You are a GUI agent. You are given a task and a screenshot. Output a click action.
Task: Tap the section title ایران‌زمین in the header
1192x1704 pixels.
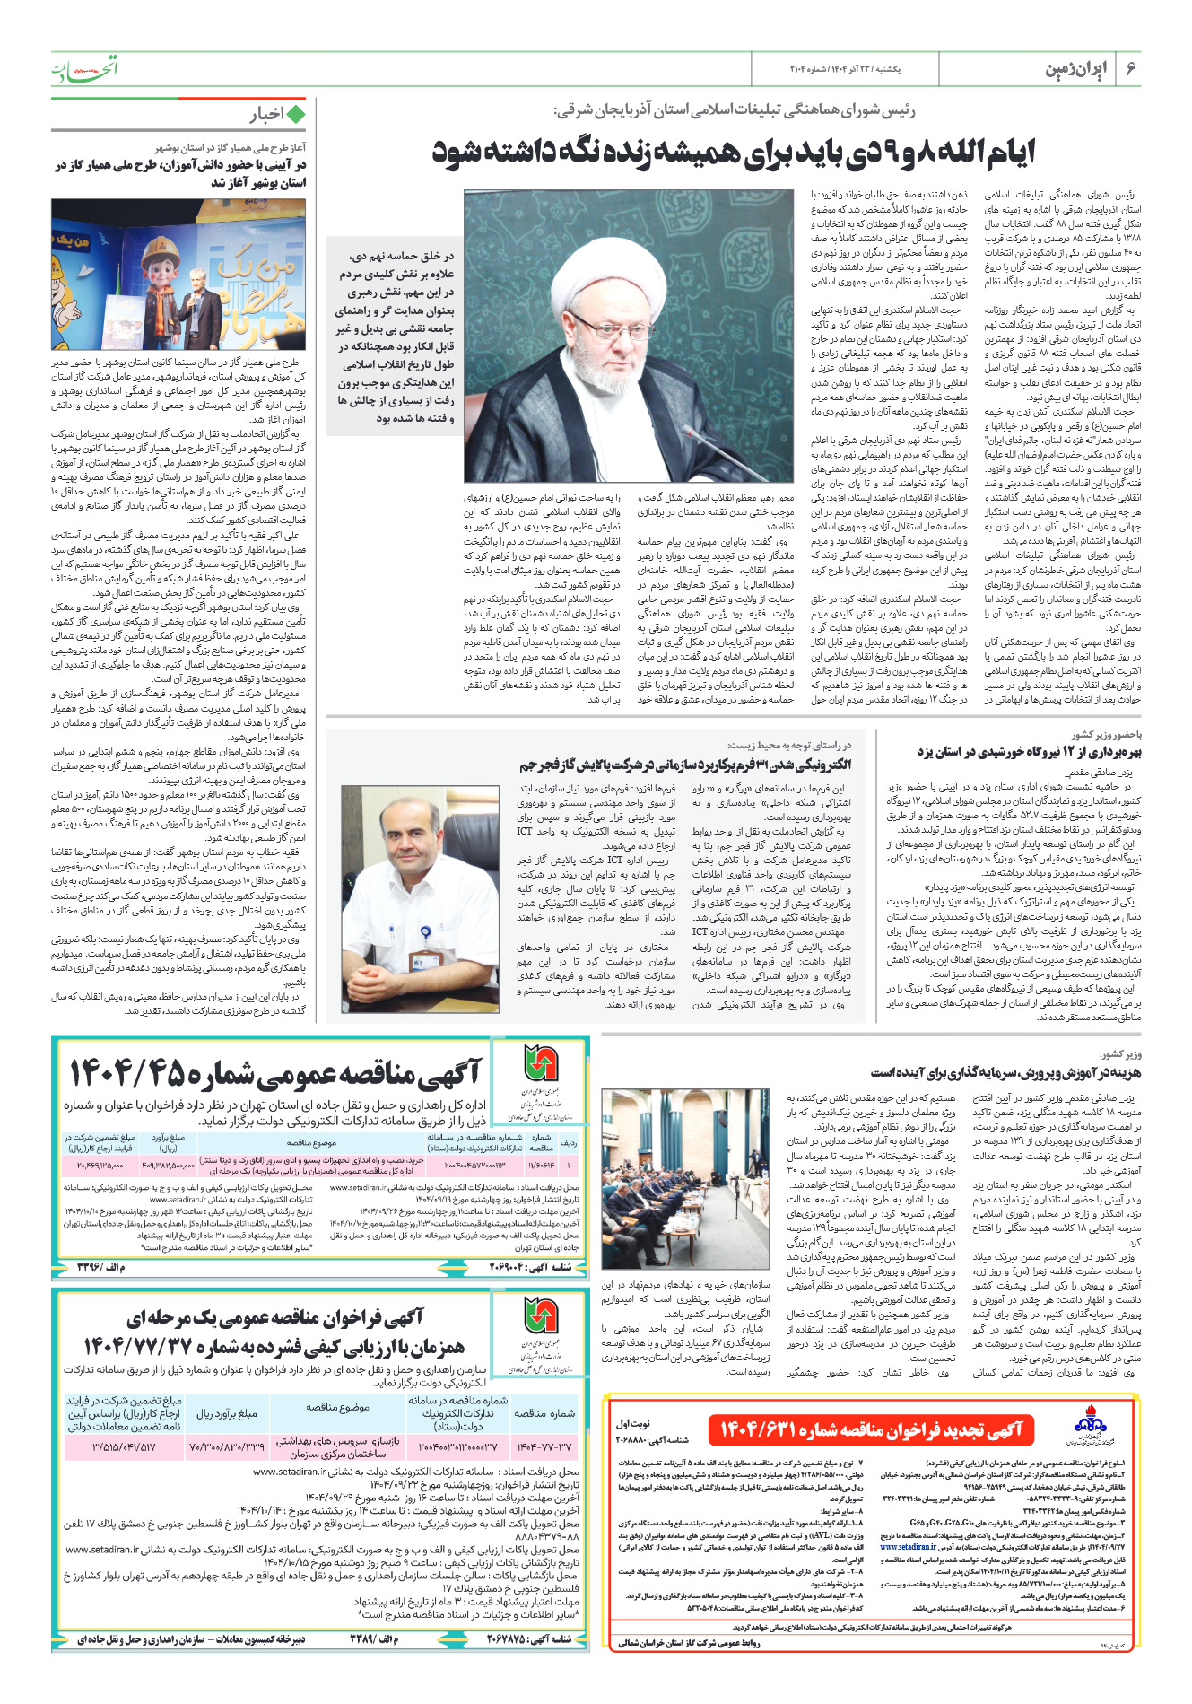pos(1077,69)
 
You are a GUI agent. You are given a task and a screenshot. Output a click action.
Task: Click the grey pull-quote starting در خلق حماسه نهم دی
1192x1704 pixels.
pos(396,336)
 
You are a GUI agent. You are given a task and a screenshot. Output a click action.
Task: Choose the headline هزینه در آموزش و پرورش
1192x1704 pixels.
pos(1005,1072)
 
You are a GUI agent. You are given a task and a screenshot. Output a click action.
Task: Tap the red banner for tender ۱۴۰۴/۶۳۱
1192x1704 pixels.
pos(871,1429)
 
